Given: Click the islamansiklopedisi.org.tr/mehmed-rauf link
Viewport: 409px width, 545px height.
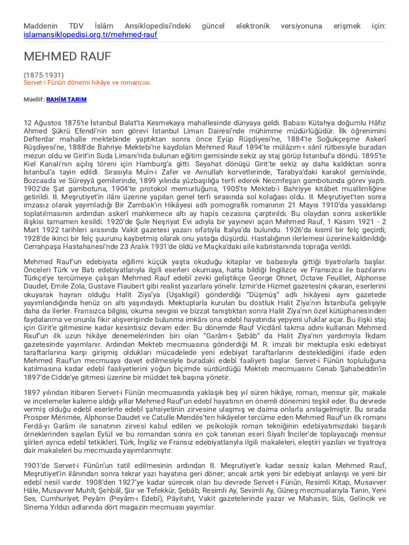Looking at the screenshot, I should [x=91, y=35].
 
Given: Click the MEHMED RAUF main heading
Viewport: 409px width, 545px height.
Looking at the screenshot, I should [x=67, y=57].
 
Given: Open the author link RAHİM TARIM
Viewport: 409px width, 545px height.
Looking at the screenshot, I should [x=67, y=100].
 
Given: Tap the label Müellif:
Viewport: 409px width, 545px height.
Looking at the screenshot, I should [x=34, y=100].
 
